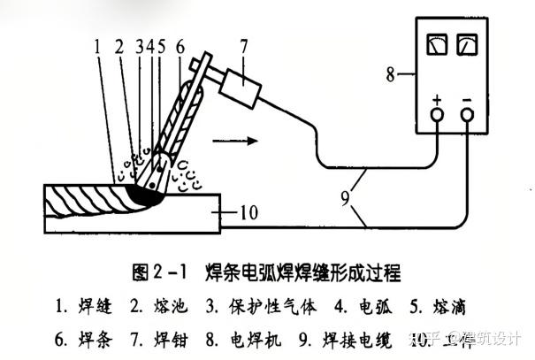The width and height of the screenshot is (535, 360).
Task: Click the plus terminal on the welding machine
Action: click(437, 113)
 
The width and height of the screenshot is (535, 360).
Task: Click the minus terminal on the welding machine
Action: click(467, 113)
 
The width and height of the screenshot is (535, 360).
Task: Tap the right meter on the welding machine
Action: click(466, 44)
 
